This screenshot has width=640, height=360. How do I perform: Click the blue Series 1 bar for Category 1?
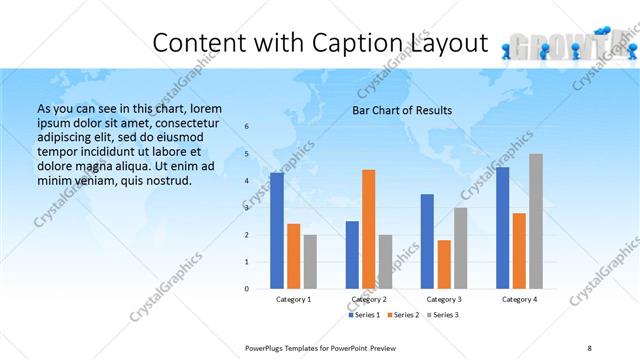tap(277, 231)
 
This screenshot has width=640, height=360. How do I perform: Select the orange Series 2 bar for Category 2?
tap(369, 229)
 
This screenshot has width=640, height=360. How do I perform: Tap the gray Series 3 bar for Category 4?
tap(536, 221)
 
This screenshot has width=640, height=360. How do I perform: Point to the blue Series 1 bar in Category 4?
tap(502, 228)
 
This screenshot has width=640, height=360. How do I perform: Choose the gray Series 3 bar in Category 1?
tap(311, 262)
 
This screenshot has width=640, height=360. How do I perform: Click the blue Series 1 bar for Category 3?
tap(428, 241)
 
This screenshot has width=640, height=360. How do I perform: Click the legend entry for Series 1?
tap(365, 315)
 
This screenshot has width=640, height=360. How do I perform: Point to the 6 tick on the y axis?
tap(247, 127)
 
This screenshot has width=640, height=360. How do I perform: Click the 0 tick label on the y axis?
tap(247, 289)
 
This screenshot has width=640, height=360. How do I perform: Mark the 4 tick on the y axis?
tap(247, 181)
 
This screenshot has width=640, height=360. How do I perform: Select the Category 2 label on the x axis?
tap(369, 300)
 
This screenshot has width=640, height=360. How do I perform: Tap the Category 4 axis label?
tap(519, 300)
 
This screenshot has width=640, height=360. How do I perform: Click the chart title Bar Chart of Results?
tap(402, 110)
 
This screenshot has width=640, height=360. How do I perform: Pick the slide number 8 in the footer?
tap(589, 348)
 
